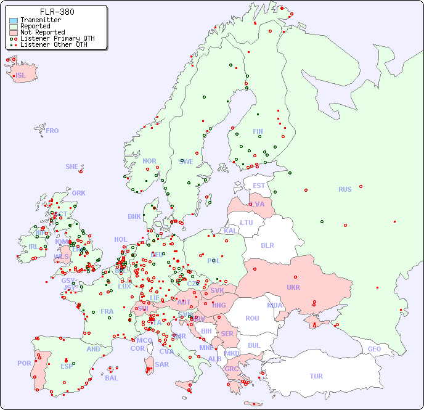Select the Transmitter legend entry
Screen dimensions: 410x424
40,20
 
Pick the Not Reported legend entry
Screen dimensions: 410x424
42,32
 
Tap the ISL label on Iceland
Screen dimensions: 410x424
21,76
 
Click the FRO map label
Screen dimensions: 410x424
52,131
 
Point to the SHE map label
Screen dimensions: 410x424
72,166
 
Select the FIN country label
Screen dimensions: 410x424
258,131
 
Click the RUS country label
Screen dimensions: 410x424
344,189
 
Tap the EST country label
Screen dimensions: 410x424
259,186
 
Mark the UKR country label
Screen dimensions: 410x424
293,287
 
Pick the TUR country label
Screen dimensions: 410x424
316,376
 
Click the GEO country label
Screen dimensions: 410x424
374,349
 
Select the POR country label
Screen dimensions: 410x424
24,363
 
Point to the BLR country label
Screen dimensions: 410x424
267,245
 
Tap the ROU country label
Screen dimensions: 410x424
252,318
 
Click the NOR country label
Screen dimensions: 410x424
149,161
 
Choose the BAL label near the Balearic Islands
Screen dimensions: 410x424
112,378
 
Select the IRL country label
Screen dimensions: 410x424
33,247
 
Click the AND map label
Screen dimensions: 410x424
93,349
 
